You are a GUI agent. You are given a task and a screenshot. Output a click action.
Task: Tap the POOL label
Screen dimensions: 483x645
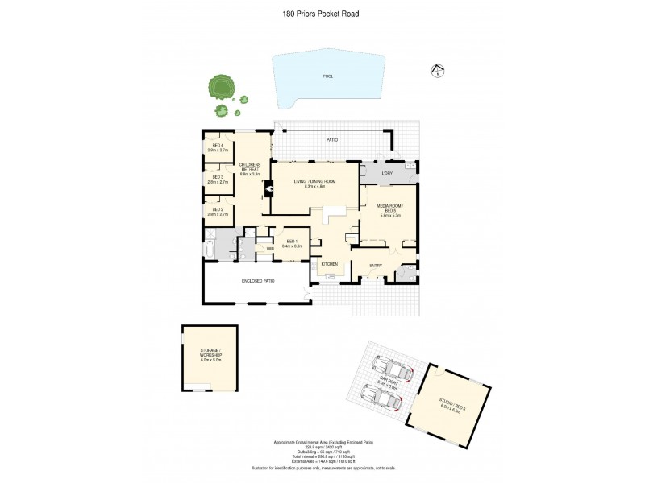pyautogui.click(x=328, y=76)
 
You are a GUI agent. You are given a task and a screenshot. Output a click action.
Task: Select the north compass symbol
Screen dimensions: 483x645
pyautogui.click(x=436, y=72)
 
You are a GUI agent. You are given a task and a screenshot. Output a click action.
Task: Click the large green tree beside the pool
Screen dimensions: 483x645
pyautogui.click(x=218, y=86)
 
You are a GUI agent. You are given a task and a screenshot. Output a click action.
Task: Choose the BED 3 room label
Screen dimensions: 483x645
pyautogui.click(x=218, y=180)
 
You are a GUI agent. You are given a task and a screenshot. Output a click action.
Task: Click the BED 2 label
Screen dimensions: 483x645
pyautogui.click(x=218, y=213)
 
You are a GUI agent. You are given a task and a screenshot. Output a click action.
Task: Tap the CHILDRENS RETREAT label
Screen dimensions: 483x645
pyautogui.click(x=248, y=170)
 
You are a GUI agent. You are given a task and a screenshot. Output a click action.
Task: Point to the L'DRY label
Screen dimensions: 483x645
pyautogui.click(x=386, y=174)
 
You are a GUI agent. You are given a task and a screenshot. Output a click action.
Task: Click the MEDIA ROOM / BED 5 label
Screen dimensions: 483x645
pyautogui.click(x=389, y=210)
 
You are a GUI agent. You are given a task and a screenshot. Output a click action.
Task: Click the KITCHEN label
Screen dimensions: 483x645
pyautogui.click(x=329, y=264)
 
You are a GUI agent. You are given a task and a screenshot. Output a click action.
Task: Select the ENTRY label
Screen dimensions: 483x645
pyautogui.click(x=376, y=266)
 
